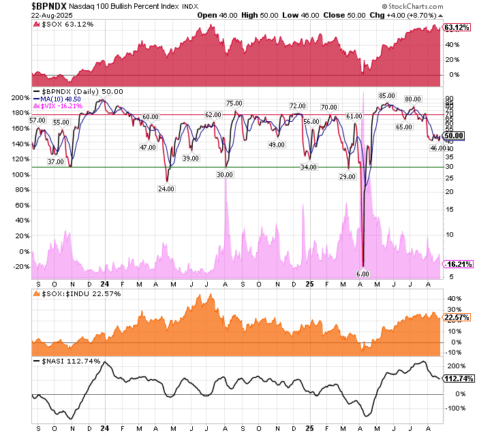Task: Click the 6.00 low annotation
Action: [363, 274]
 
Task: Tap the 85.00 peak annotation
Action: [388, 95]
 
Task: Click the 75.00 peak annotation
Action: [235, 103]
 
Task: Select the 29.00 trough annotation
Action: [347, 176]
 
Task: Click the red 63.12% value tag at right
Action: [457, 28]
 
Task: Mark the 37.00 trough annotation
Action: [56, 162]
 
